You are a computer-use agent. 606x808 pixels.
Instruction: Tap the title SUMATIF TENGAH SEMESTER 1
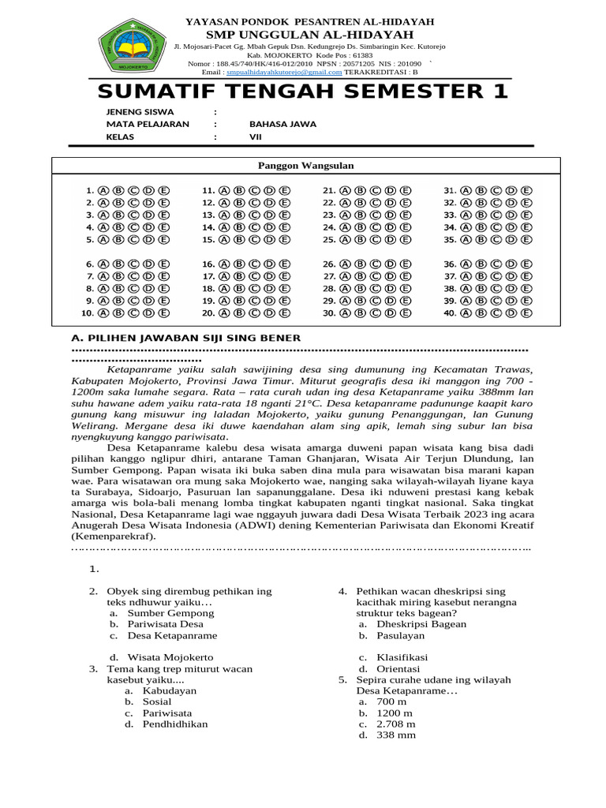click(304, 91)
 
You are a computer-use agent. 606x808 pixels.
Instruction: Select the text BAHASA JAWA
click(282, 124)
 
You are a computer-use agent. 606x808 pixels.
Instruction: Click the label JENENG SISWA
click(140, 111)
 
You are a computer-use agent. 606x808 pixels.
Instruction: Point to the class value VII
click(256, 137)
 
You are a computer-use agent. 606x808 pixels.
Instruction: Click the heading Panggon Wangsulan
click(307, 166)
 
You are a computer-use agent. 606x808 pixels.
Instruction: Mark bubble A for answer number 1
click(105, 190)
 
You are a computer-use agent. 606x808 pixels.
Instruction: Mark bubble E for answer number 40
click(526, 312)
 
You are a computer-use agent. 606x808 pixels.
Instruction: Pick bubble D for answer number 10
click(149, 312)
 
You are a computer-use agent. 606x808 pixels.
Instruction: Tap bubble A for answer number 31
click(466, 190)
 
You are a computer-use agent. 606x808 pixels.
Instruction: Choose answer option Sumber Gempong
click(170, 612)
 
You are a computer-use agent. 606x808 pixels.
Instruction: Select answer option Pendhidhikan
click(175, 724)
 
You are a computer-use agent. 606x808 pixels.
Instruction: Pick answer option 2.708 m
click(395, 724)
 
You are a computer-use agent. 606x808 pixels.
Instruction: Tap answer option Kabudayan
click(169, 690)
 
